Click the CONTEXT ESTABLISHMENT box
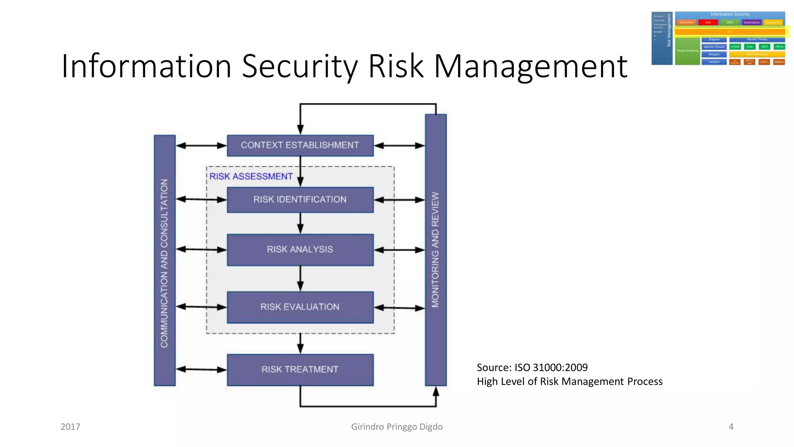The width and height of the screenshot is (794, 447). click(x=300, y=146)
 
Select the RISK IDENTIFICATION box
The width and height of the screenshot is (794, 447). click(x=300, y=200)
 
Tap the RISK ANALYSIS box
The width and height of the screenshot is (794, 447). click(x=300, y=249)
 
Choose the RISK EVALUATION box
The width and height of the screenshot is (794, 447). click(x=300, y=307)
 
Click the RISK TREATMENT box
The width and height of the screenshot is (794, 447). click(x=300, y=369)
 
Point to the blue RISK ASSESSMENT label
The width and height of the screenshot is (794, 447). click(x=251, y=177)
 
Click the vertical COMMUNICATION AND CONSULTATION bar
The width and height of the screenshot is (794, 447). click(x=165, y=260)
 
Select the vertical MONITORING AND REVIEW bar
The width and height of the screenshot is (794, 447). click(x=436, y=250)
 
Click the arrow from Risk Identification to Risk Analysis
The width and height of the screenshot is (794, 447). click(x=300, y=223)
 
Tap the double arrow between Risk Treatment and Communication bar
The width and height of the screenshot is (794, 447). click(x=201, y=369)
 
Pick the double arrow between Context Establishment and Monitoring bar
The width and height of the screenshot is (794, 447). click(x=399, y=146)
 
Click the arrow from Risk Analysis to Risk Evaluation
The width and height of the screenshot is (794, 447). click(x=300, y=279)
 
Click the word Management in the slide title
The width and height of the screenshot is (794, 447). click(x=530, y=66)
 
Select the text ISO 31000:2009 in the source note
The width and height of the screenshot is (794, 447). click(x=551, y=367)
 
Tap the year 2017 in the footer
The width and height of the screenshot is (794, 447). click(x=71, y=427)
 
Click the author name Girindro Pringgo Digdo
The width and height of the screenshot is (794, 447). click(x=397, y=427)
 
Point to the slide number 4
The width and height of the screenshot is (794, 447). click(x=731, y=427)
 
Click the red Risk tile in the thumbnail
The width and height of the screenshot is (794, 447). click(x=708, y=23)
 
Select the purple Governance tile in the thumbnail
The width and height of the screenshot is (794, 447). click(x=751, y=23)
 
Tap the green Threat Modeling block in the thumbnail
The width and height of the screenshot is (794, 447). click(x=687, y=51)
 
